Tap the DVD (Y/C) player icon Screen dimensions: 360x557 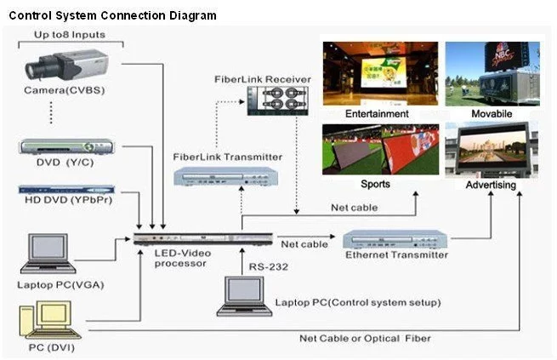65,146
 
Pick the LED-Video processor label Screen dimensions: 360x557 179,258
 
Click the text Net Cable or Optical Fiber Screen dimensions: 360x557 365,338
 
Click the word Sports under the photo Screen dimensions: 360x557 376,184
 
